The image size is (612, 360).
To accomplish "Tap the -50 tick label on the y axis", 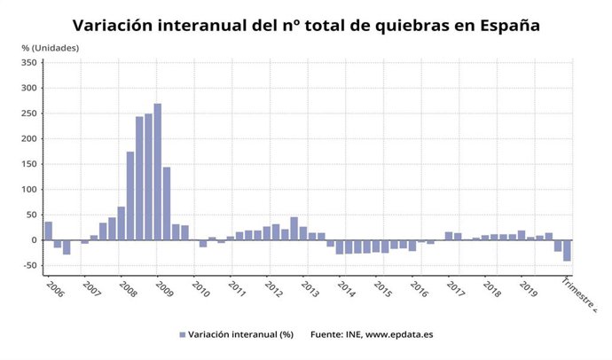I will click(x=27, y=266).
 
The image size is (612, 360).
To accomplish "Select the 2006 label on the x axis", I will click(x=53, y=288).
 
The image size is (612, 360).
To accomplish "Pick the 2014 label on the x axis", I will click(x=346, y=288).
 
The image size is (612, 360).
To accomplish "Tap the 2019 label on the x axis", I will click(x=528, y=288).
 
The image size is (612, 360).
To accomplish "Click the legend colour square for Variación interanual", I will click(x=183, y=334).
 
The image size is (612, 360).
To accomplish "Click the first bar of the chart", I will click(x=49, y=231).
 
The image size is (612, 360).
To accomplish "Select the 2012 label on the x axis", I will click(x=273, y=288).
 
